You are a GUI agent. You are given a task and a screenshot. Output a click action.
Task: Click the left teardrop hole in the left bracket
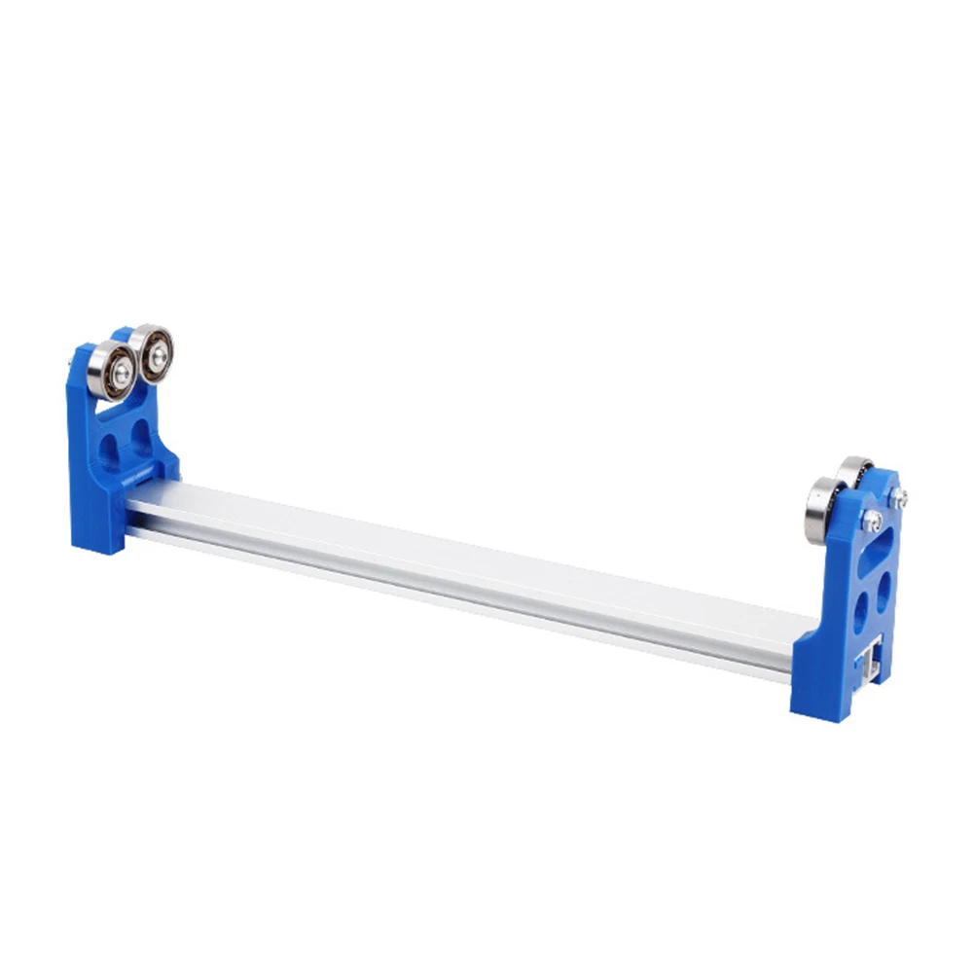(110, 449)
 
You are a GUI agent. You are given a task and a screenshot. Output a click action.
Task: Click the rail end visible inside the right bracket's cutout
(868, 662)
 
